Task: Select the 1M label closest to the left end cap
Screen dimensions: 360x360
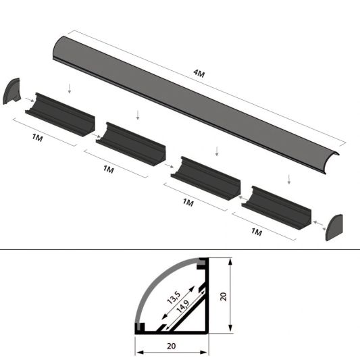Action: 37,139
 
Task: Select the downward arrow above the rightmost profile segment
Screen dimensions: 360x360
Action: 288,179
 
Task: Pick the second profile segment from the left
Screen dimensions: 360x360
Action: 132,143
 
